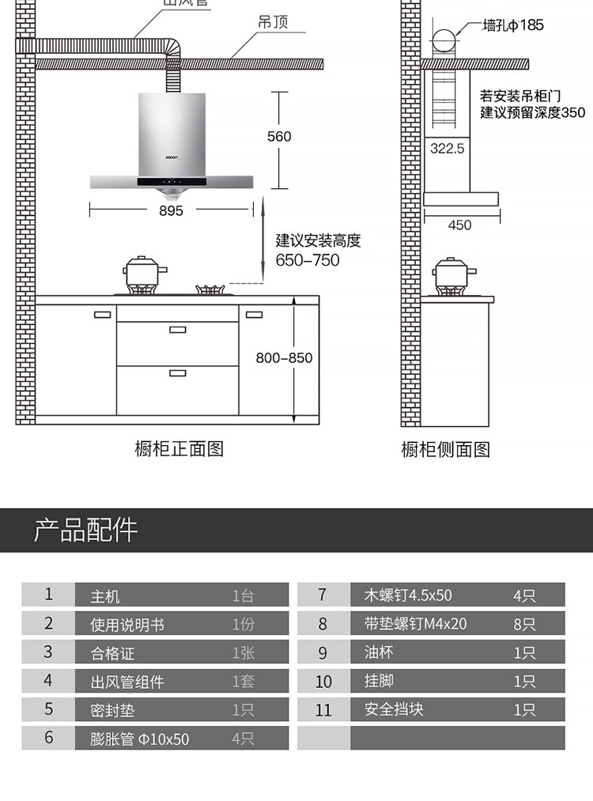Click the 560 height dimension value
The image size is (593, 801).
279,137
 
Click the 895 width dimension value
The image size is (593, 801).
171,210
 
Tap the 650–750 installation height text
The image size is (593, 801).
308,260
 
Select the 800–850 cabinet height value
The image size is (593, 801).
284,357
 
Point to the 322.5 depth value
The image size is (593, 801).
447,148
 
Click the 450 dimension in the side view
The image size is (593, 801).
459,225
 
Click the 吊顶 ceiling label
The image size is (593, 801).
273,21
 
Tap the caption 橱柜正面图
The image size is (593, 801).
179,449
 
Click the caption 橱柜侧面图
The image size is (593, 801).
446,450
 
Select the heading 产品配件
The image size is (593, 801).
85,530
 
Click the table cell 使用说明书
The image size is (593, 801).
127,625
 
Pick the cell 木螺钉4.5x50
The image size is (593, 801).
408,595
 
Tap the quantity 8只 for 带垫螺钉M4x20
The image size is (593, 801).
524,625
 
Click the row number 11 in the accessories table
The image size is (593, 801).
323,710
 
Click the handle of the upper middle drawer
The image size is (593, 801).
177,330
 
